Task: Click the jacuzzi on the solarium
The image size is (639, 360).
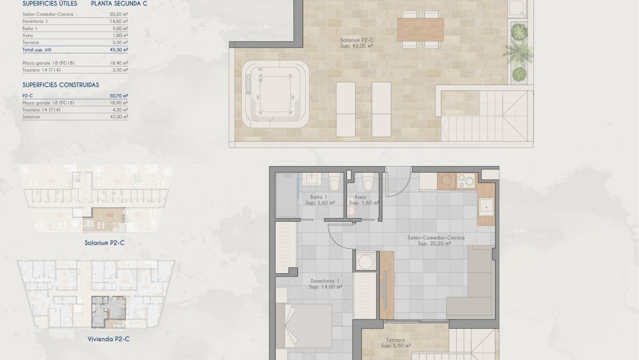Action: pos(275,96)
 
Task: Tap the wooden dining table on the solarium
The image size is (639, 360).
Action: pos(420,29)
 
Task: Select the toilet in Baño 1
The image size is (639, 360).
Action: pos(334,183)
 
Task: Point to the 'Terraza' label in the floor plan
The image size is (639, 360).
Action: pos(395,340)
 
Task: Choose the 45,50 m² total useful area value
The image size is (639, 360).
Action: pos(119,50)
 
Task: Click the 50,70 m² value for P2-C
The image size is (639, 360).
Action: pos(119,96)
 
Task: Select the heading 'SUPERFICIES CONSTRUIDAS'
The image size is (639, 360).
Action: pos(60,85)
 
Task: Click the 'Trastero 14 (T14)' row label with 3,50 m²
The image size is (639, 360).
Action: pos(42,70)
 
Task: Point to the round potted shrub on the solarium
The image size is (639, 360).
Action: pos(518,74)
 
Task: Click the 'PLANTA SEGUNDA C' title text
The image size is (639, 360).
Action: pos(119,3)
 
